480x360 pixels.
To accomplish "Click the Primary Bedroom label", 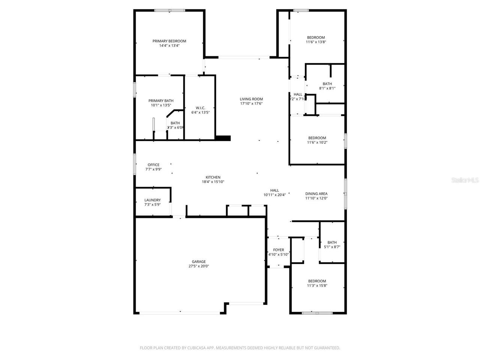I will [x=169, y=41].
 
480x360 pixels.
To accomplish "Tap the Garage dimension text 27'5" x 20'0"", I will [x=199, y=266].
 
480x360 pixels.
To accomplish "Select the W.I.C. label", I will [x=200, y=108].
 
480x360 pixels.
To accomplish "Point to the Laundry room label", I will [x=153, y=200].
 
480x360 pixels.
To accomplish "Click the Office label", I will [x=153, y=165].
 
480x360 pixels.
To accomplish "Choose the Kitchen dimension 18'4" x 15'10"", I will [x=213, y=182].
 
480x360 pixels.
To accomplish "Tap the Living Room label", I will [x=251, y=99].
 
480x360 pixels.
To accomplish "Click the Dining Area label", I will [x=316, y=193].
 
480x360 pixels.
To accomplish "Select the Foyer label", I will [x=278, y=250].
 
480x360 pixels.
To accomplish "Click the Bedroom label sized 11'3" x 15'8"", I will [x=317, y=281].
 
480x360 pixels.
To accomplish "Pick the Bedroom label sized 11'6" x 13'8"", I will [x=316, y=37].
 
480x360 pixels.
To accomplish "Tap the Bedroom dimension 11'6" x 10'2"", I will [x=317, y=142].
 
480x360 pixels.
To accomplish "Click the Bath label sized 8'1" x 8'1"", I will [x=327, y=84].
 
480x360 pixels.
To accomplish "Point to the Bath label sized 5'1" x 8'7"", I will [x=332, y=242].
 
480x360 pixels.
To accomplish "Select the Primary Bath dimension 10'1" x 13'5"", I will [x=161, y=105].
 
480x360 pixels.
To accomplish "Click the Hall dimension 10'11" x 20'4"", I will [x=274, y=195].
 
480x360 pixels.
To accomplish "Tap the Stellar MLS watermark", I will [x=465, y=180].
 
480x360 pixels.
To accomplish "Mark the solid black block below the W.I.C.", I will [x=223, y=138].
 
